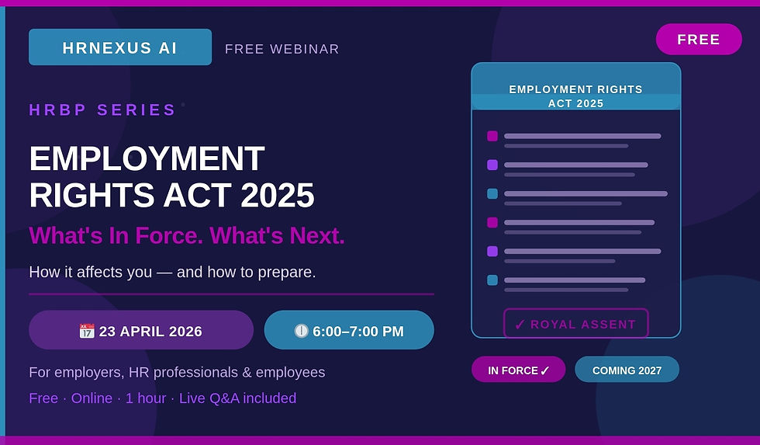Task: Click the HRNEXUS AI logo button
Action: (x=119, y=47)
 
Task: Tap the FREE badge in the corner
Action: (x=698, y=40)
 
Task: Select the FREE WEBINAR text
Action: (x=282, y=49)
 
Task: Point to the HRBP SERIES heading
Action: (x=102, y=110)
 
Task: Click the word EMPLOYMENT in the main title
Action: (x=147, y=159)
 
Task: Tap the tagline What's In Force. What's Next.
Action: (x=186, y=235)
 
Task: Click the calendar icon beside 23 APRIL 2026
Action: (x=87, y=331)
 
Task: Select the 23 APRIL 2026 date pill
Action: (x=141, y=330)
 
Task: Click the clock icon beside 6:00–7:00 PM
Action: (x=302, y=331)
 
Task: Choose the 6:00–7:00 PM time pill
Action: (x=349, y=330)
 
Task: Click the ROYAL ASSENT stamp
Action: (x=575, y=324)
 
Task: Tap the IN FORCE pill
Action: (x=518, y=370)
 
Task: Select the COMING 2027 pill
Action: (x=627, y=370)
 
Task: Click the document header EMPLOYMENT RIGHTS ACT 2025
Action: (x=575, y=96)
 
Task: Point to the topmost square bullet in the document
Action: (x=492, y=136)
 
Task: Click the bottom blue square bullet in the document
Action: (x=492, y=280)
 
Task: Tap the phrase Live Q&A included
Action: (x=237, y=398)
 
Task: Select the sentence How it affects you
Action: (x=172, y=273)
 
